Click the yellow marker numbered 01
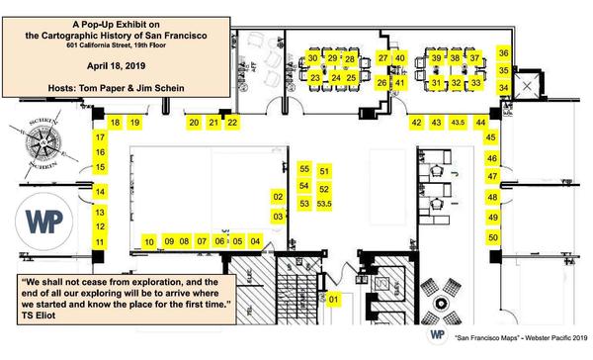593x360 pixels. pyautogui.click(x=334, y=298)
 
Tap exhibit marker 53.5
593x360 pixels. pyautogui.click(x=325, y=204)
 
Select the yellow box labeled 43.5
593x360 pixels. pyautogui.click(x=458, y=123)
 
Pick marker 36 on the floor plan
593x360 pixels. pyautogui.click(x=504, y=54)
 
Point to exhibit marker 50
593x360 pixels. pyautogui.click(x=492, y=237)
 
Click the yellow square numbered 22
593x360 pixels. pyautogui.click(x=232, y=123)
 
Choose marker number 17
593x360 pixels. pyautogui.click(x=100, y=137)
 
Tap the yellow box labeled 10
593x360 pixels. pyautogui.click(x=149, y=241)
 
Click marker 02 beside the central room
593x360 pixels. pyautogui.click(x=278, y=197)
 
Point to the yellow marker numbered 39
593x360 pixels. pyautogui.click(x=436, y=59)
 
